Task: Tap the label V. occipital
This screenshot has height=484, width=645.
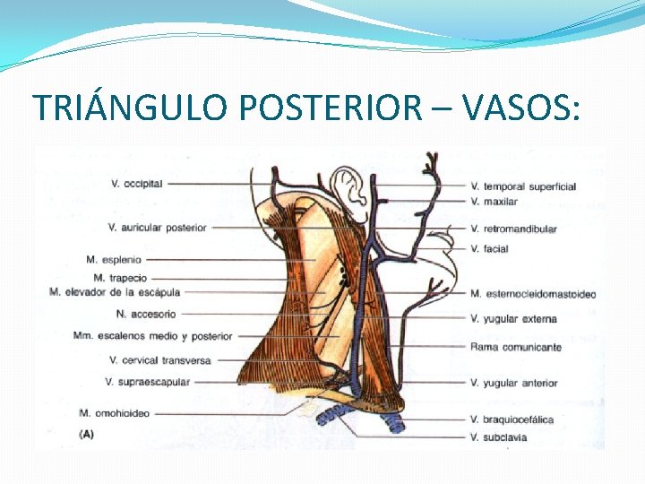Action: (136, 184)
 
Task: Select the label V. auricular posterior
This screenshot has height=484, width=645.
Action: (157, 228)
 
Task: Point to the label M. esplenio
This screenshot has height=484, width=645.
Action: (114, 259)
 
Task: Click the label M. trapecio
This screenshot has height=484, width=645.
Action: (120, 278)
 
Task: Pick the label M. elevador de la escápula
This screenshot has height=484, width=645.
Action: (115, 292)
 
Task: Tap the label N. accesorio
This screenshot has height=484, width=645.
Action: (146, 315)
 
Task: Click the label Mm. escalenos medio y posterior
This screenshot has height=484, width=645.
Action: (153, 336)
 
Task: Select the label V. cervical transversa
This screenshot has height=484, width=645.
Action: (159, 360)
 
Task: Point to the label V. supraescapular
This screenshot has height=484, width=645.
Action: (147, 382)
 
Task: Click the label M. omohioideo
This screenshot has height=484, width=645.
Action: (115, 413)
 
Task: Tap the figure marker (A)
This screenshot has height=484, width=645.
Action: (88, 434)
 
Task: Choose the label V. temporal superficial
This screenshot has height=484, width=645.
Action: (522, 186)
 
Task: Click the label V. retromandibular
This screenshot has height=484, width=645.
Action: (513, 229)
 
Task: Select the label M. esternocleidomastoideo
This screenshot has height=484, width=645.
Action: (532, 294)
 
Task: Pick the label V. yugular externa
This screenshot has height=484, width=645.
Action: (513, 318)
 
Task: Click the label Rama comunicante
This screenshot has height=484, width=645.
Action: (515, 347)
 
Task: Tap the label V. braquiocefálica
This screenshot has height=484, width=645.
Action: (512, 419)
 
